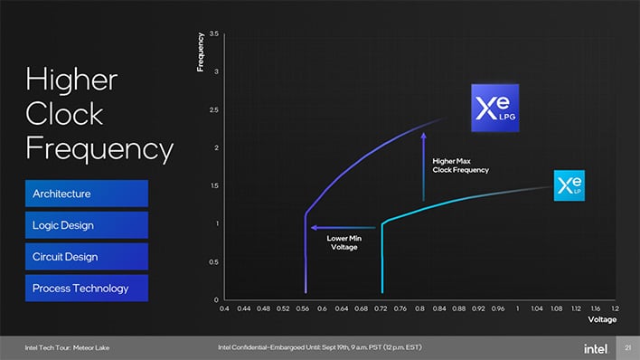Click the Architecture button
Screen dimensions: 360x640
tap(86, 194)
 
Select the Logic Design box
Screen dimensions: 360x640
tap(86, 225)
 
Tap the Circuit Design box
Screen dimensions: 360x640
tap(86, 257)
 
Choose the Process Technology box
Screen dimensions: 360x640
tap(86, 289)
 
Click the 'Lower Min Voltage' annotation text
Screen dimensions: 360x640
tap(344, 242)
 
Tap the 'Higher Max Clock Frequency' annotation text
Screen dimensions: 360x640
tap(461, 166)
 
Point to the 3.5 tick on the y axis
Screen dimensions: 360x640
tap(213, 33)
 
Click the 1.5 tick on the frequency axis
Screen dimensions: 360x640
tap(213, 185)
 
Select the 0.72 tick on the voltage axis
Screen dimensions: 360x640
tap(381, 308)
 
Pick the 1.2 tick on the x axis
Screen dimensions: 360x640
tap(615, 308)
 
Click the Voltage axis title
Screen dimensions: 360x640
tap(602, 320)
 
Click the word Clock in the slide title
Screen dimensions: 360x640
tap(64, 114)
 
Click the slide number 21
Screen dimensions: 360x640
tap(627, 347)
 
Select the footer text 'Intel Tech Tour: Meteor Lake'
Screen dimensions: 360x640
tap(67, 347)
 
